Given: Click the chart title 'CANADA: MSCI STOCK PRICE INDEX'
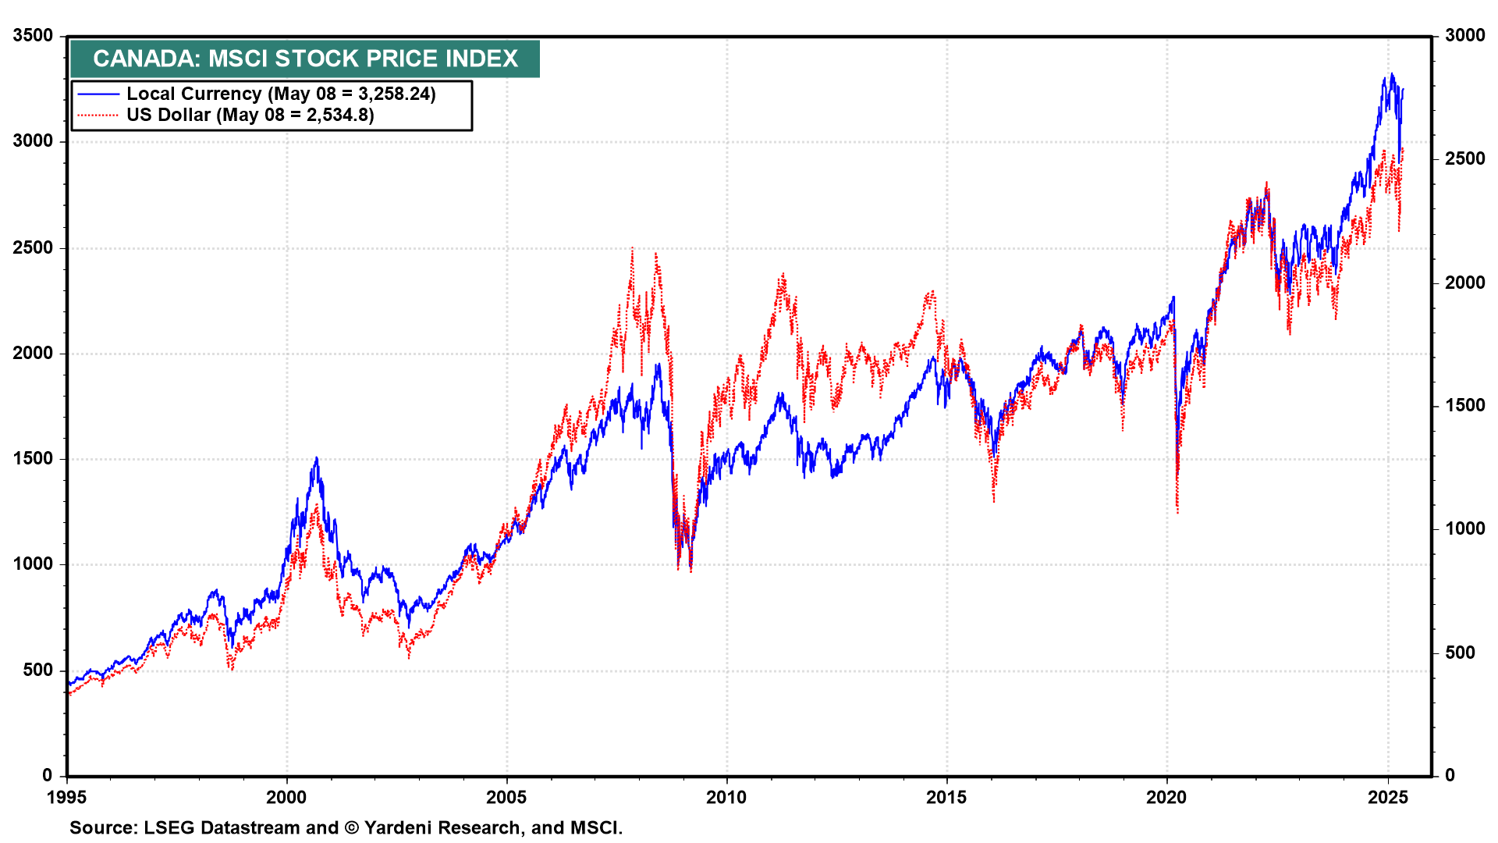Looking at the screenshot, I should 305,59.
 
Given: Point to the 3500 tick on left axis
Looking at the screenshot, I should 34,36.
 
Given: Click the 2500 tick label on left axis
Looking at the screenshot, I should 34,248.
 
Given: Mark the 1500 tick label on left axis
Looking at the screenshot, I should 34,459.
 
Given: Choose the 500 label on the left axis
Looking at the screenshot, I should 38,670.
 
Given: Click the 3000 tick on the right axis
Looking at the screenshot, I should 1464,36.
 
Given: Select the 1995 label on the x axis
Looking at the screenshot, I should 68,798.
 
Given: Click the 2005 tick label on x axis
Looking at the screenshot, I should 507,798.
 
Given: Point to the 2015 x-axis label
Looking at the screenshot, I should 946,798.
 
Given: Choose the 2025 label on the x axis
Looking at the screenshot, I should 1387,798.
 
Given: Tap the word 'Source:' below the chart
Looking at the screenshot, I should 101,828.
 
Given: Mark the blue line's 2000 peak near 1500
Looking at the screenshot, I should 316,458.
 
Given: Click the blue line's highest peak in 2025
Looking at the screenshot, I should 1391,75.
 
